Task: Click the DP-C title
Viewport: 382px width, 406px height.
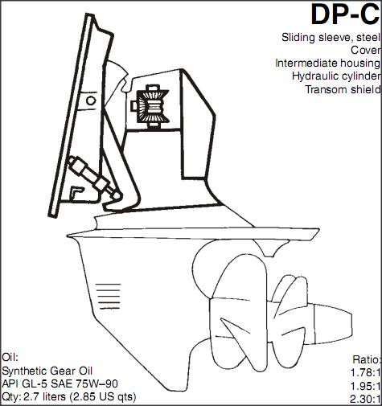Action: tap(345, 14)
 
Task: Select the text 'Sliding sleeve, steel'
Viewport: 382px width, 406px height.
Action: tap(331, 37)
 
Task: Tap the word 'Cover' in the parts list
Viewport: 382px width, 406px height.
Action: tap(366, 50)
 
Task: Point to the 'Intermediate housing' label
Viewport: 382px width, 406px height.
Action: tap(328, 64)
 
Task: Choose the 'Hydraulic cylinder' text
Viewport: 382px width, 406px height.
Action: tap(336, 76)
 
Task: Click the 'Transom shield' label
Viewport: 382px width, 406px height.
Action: tap(343, 89)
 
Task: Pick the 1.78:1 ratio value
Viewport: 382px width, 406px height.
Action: tap(366, 372)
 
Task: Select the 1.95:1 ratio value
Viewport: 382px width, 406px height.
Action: tap(366, 386)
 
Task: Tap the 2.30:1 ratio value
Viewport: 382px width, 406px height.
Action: tap(366, 399)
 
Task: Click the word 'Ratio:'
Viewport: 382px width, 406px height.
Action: tap(367, 359)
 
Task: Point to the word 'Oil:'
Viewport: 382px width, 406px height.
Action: tap(10, 357)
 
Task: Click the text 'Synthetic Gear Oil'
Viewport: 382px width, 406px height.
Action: tap(47, 371)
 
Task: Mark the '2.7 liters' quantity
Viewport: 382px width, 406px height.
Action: tap(44, 397)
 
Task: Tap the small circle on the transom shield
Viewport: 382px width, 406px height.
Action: tap(91, 100)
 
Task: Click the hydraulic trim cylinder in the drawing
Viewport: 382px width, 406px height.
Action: tap(93, 178)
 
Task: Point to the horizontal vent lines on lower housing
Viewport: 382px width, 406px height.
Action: tap(109, 296)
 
